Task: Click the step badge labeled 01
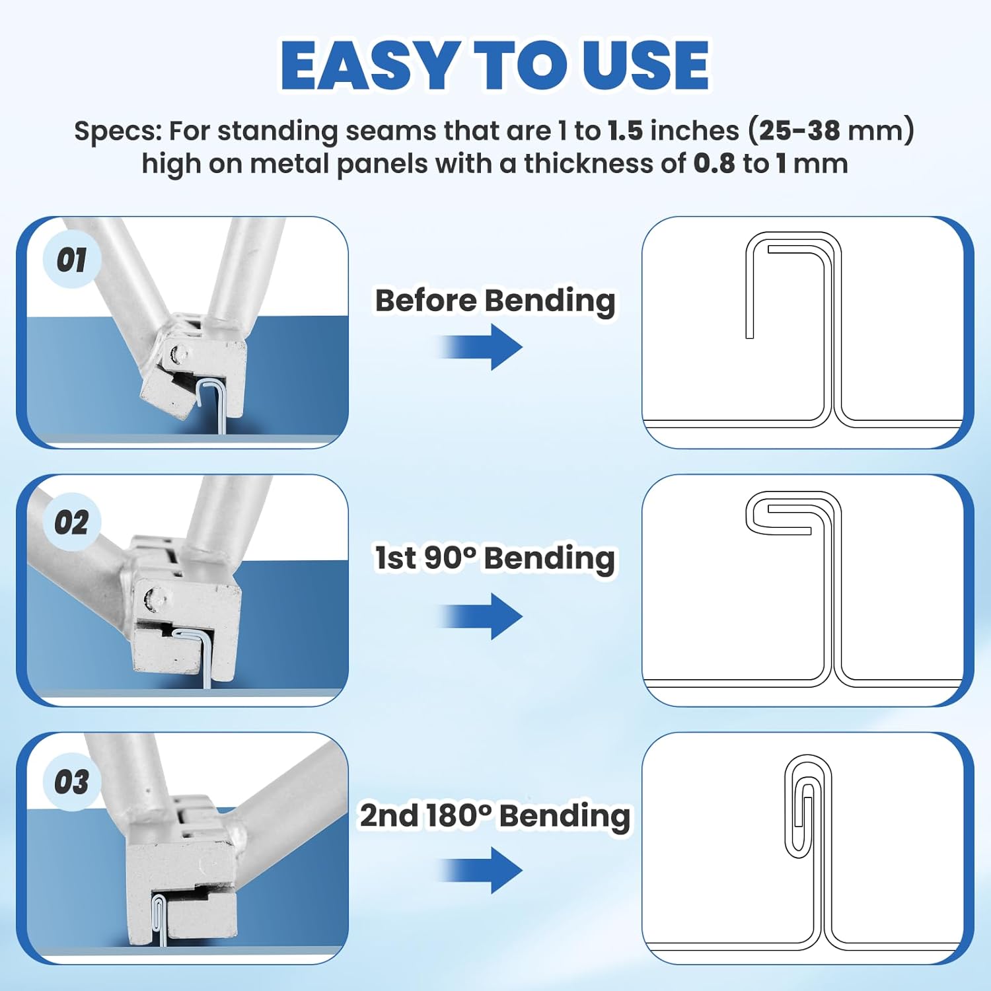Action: pyautogui.click(x=71, y=259)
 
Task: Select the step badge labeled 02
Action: pyautogui.click(x=71, y=522)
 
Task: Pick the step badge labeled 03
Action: pyautogui.click(x=71, y=782)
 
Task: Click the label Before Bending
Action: pyautogui.click(x=495, y=301)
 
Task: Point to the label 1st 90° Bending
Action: pyautogui.click(x=495, y=558)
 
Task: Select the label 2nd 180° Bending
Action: pyautogui.click(x=495, y=815)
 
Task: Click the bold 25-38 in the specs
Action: pyautogui.click(x=799, y=131)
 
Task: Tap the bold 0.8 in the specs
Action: pyautogui.click(x=714, y=164)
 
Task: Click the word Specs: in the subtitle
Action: pyautogui.click(x=118, y=131)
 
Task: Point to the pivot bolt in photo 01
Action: pyautogui.click(x=177, y=355)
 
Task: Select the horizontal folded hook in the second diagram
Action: pyautogui.click(x=780, y=514)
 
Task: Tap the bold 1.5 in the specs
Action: pyautogui.click(x=625, y=131)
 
